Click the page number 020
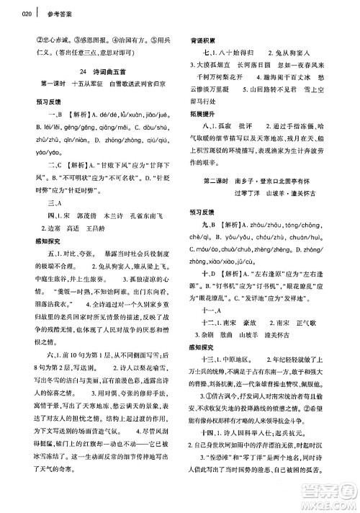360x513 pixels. click(x=8, y=13)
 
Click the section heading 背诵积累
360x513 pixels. click(x=203, y=42)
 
